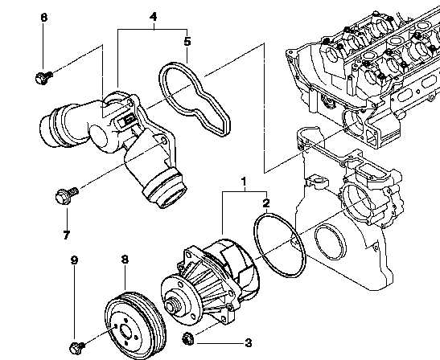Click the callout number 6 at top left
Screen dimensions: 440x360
coord(43,18)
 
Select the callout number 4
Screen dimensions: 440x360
coord(153,17)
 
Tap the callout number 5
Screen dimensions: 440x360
coord(187,42)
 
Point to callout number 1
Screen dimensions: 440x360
coord(244,182)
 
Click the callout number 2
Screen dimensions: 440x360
coord(266,203)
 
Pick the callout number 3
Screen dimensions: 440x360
coord(249,343)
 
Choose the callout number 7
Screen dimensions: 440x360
coord(67,235)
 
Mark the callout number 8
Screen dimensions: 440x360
coord(125,260)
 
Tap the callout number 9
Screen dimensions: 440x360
coord(74,260)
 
